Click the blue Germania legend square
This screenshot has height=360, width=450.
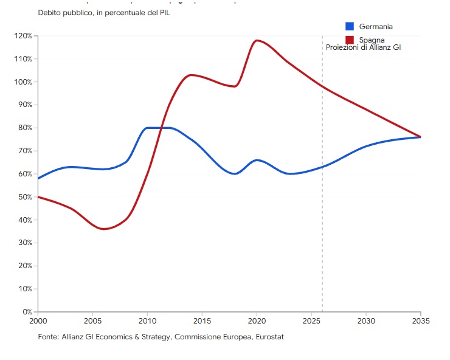[x=350, y=26]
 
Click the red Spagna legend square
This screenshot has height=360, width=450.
[x=350, y=40]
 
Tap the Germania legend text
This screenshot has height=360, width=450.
[x=376, y=27]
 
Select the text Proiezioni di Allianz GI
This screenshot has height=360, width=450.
[x=363, y=47]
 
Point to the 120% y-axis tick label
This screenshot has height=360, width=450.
[x=22, y=36]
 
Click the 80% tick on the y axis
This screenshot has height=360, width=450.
[x=24, y=128]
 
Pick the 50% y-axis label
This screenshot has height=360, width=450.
[x=24, y=197]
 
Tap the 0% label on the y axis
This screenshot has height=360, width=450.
[x=27, y=312]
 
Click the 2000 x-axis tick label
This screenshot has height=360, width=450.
[x=38, y=321]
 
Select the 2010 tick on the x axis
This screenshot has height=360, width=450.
[x=147, y=321]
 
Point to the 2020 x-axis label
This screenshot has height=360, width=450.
[x=257, y=321]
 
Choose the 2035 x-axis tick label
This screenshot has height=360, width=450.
[x=420, y=321]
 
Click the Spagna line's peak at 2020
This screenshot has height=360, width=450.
[x=257, y=40]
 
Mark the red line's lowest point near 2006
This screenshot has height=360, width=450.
[x=104, y=229]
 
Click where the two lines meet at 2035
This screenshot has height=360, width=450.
[x=420, y=137]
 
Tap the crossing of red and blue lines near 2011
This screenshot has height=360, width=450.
[x=160, y=128]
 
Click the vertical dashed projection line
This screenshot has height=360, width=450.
[x=322, y=182]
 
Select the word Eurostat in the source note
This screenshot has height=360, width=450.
[x=269, y=336]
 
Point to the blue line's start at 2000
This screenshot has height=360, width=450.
[x=38, y=178]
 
